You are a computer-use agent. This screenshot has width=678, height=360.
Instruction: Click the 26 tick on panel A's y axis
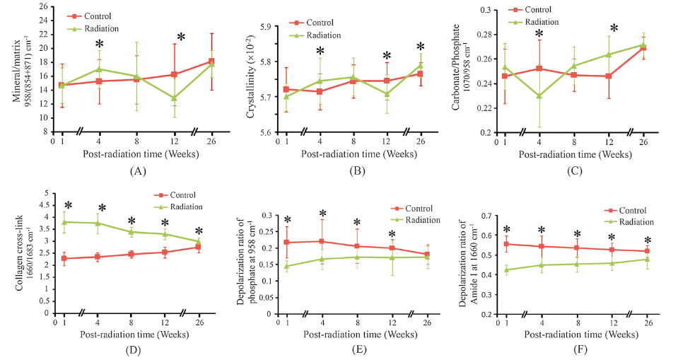[x=47, y=6]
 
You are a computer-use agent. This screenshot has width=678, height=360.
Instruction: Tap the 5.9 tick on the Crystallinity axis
[x=269, y=26]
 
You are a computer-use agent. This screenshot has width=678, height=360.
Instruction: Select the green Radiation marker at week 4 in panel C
[x=539, y=95]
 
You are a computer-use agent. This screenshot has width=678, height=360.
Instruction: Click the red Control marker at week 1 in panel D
[x=65, y=258]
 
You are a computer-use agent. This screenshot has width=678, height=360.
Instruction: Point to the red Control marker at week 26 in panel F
[x=646, y=251]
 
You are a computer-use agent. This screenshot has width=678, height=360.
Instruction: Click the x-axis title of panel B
[x=351, y=153]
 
